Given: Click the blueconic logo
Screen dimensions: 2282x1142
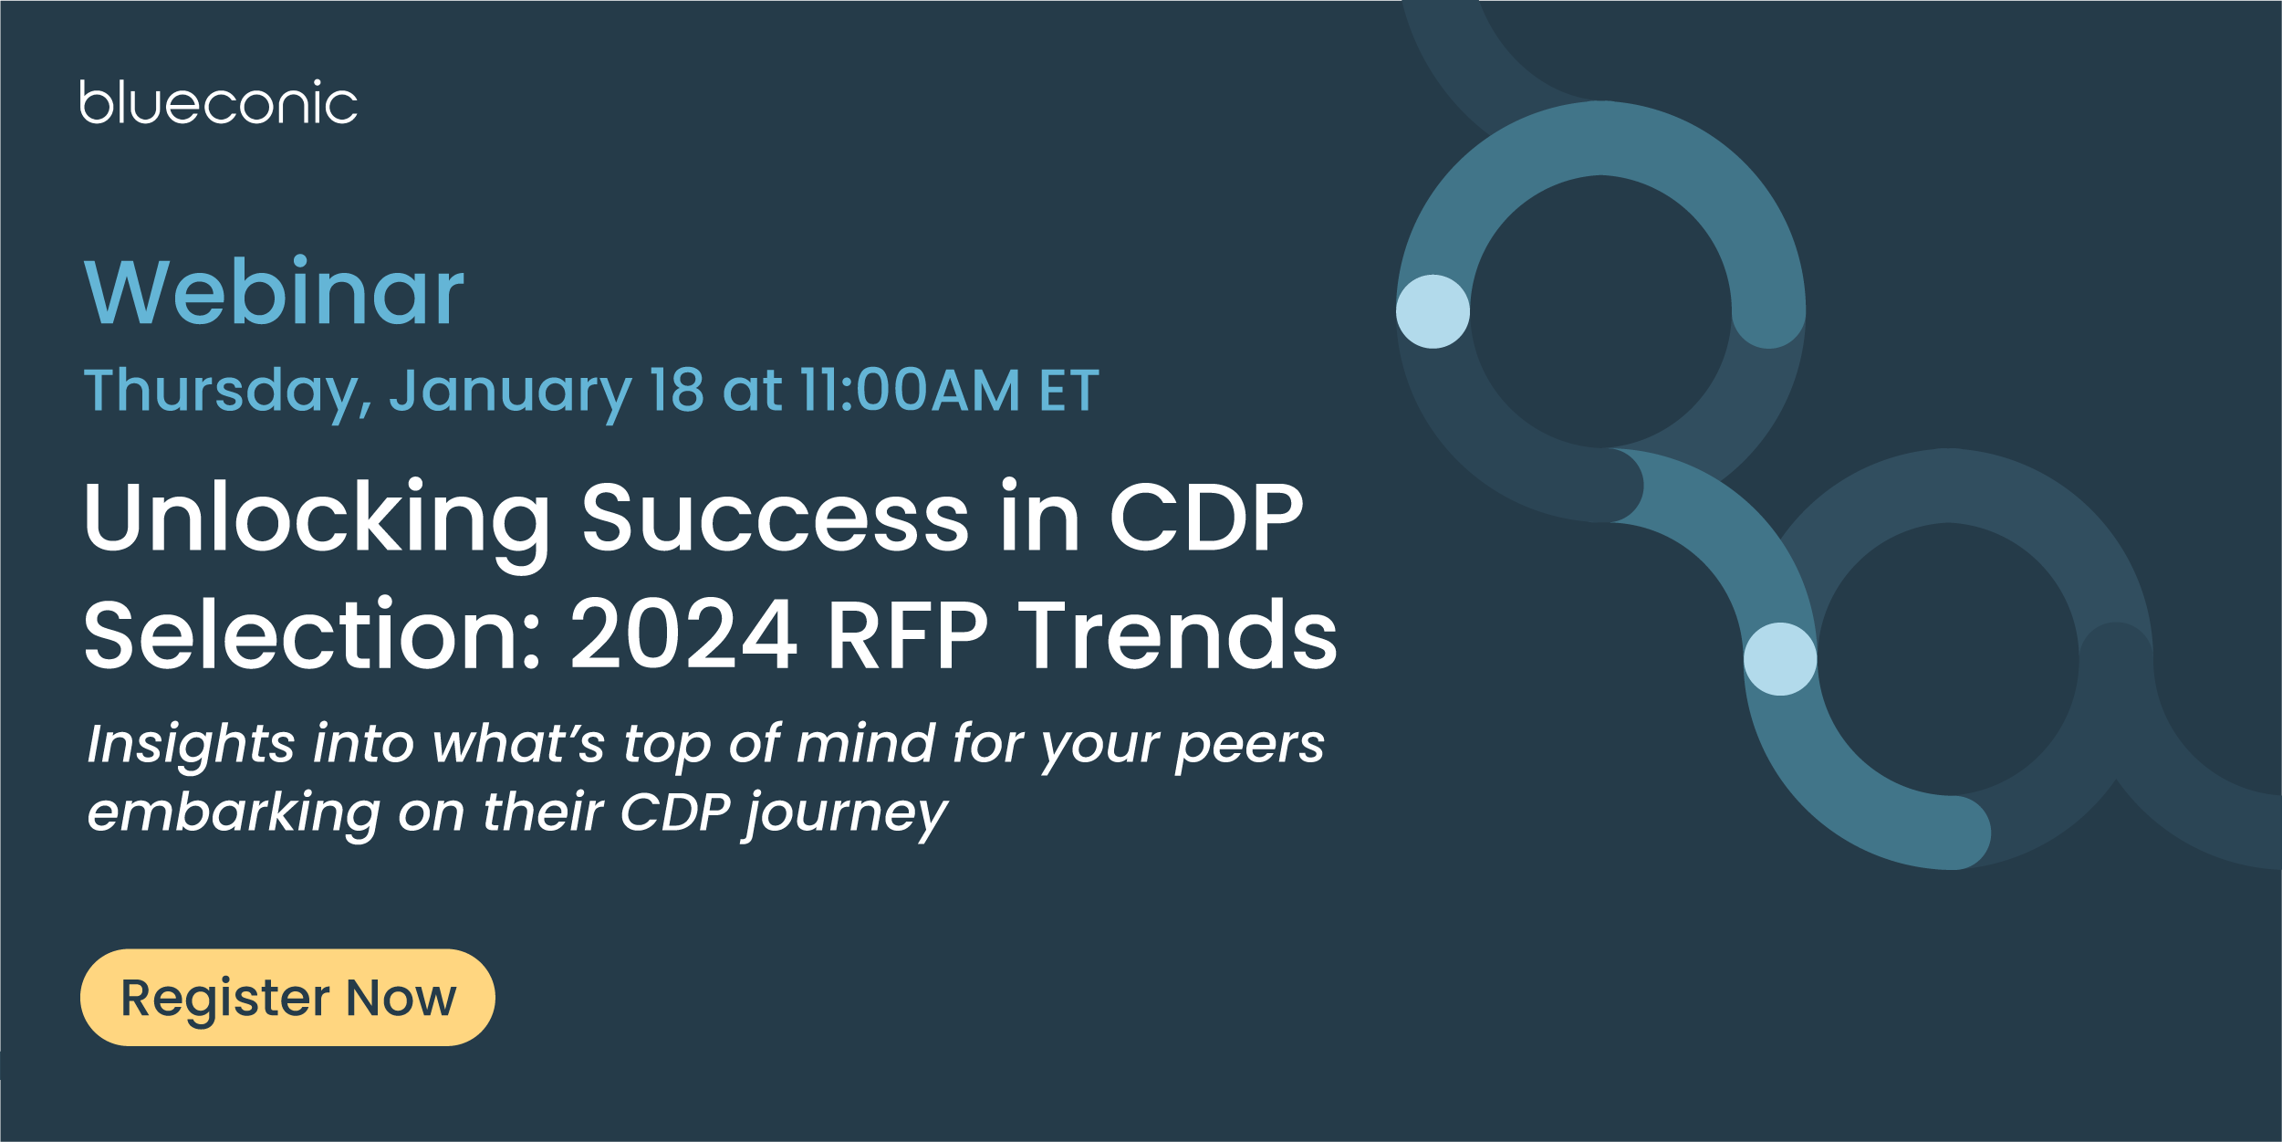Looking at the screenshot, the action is pos(218,102).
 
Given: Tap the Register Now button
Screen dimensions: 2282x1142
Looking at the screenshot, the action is pos(287,998).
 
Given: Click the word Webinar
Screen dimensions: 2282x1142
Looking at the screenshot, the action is pos(274,291).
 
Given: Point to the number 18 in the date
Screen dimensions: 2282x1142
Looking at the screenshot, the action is pos(676,391).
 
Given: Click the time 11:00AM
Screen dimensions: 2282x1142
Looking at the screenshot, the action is pos(910,391).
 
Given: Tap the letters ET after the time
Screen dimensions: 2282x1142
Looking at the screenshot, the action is pos(1069,391).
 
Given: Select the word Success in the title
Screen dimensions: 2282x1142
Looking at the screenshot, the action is pos(776,518).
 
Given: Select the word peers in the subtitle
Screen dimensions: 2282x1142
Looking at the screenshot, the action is pos(1250,747).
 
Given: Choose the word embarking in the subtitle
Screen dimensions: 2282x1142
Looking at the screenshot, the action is pos(234,812).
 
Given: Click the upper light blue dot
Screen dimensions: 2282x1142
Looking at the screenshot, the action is pos(1433,311).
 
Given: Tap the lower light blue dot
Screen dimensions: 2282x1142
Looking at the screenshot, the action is pos(1780,659).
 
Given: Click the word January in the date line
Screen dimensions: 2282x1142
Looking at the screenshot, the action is pos(511,393).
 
